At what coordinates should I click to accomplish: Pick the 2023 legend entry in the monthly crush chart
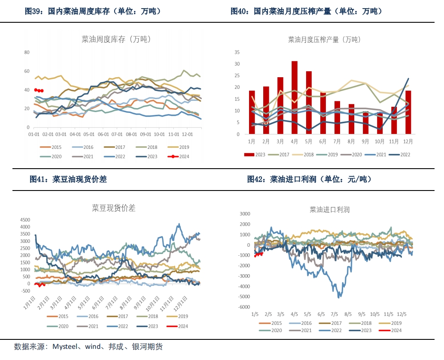(255, 154)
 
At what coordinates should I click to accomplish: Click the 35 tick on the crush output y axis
(237, 52)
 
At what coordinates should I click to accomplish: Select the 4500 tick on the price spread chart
(25, 220)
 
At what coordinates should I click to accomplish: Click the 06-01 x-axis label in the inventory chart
(103, 134)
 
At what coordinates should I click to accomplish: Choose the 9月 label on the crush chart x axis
(365, 141)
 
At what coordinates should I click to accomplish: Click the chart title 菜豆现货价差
(114, 208)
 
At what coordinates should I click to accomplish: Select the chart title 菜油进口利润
(329, 210)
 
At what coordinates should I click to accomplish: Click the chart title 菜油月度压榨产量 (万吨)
(324, 39)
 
